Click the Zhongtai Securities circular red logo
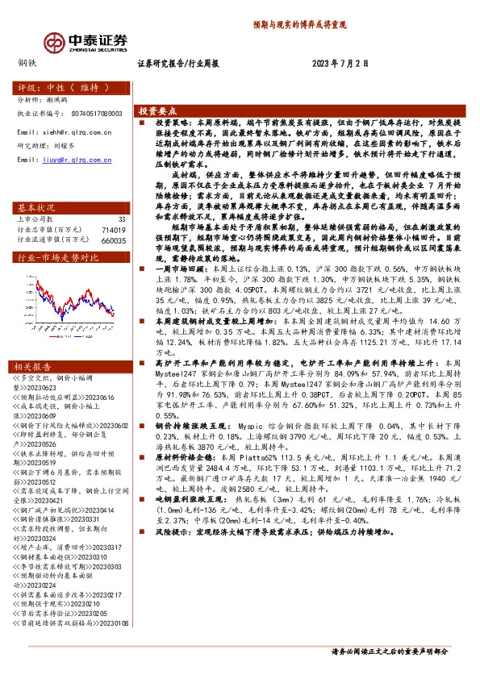coord(56,41)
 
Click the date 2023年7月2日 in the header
coord(340,62)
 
